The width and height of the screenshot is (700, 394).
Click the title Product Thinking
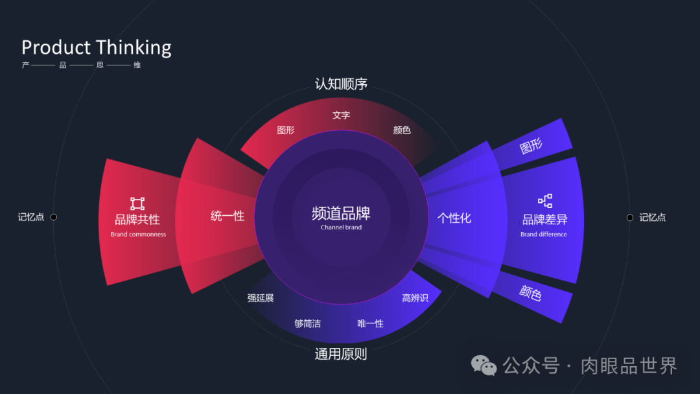pyautogui.click(x=97, y=47)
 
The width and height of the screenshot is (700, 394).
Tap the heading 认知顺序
pyautogui.click(x=341, y=84)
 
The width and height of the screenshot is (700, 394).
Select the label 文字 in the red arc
pyautogui.click(x=341, y=115)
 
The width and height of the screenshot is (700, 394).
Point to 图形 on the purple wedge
pyautogui.click(x=531, y=147)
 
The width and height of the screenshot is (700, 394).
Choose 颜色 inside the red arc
pyautogui.click(x=402, y=130)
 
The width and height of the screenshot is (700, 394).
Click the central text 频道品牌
pyautogui.click(x=341, y=213)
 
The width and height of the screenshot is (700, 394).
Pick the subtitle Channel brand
pyautogui.click(x=341, y=227)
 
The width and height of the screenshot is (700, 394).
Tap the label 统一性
pyautogui.click(x=227, y=216)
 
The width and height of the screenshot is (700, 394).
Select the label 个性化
pyautogui.click(x=454, y=218)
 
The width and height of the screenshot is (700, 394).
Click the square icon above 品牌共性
pyautogui.click(x=137, y=203)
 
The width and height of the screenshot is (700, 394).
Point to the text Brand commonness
pyautogui.click(x=138, y=235)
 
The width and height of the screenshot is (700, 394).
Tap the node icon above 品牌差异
pyautogui.click(x=544, y=201)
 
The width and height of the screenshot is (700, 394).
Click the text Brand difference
pyautogui.click(x=544, y=235)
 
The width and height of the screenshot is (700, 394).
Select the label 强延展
pyautogui.click(x=261, y=298)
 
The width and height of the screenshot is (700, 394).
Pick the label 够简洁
pyautogui.click(x=307, y=323)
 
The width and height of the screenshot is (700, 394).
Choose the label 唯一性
pyautogui.click(x=371, y=323)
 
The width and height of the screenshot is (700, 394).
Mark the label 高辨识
pyautogui.click(x=415, y=298)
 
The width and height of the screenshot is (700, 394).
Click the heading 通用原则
pyautogui.click(x=341, y=354)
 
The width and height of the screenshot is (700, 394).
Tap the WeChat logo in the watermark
pyautogui.click(x=484, y=366)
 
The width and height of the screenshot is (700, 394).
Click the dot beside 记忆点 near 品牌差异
pyautogui.click(x=630, y=218)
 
